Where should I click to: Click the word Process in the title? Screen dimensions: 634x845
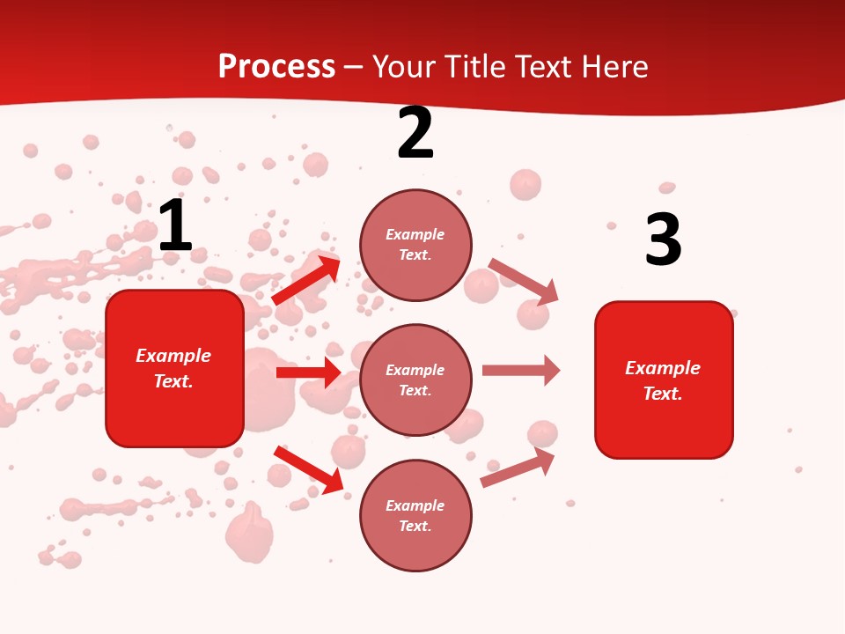tap(276, 67)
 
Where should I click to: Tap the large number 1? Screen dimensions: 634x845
tap(175, 226)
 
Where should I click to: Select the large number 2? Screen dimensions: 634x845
tap(415, 133)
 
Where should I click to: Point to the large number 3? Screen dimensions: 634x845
tap(663, 240)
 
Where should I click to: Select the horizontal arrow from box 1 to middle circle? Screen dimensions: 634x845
tap(308, 372)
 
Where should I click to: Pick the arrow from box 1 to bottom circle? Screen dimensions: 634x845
tap(308, 470)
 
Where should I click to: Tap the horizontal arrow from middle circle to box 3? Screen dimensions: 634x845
tap(521, 371)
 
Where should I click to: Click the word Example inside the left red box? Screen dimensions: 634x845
tap(173, 356)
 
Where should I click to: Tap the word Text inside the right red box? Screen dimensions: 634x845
tap(662, 394)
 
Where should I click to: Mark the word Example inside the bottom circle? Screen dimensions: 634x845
tap(415, 505)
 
